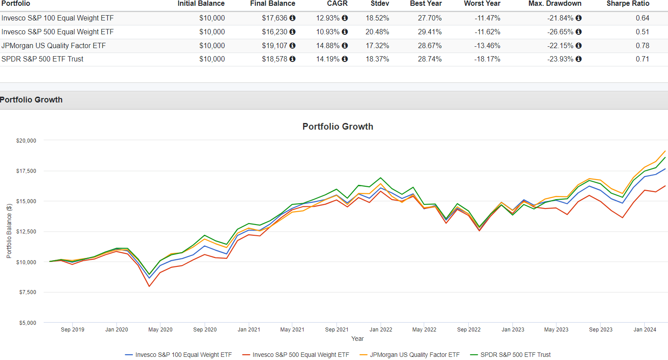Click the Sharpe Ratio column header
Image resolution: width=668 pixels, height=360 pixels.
coord(628,4)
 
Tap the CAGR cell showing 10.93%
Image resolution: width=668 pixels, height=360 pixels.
coord(328,32)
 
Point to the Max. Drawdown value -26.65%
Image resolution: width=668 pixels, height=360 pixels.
coord(560,32)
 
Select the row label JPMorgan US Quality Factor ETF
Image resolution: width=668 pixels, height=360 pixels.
coord(53,45)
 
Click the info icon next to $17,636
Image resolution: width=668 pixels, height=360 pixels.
coord(292,18)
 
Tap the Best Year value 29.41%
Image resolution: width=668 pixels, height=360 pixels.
coord(429,32)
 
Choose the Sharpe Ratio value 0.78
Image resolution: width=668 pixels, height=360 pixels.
coord(643,45)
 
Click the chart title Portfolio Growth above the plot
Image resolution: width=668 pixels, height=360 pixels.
coord(338,127)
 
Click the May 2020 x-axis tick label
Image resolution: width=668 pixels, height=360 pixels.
coord(160,330)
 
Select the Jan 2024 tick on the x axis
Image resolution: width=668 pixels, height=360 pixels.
coord(644,330)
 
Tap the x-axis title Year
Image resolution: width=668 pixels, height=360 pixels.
coord(357,339)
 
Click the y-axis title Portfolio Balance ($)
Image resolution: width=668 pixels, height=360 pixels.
coord(9,231)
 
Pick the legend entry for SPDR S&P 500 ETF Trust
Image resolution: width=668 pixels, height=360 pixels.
coord(514,355)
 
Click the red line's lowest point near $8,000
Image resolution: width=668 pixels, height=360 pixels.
coord(149,286)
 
